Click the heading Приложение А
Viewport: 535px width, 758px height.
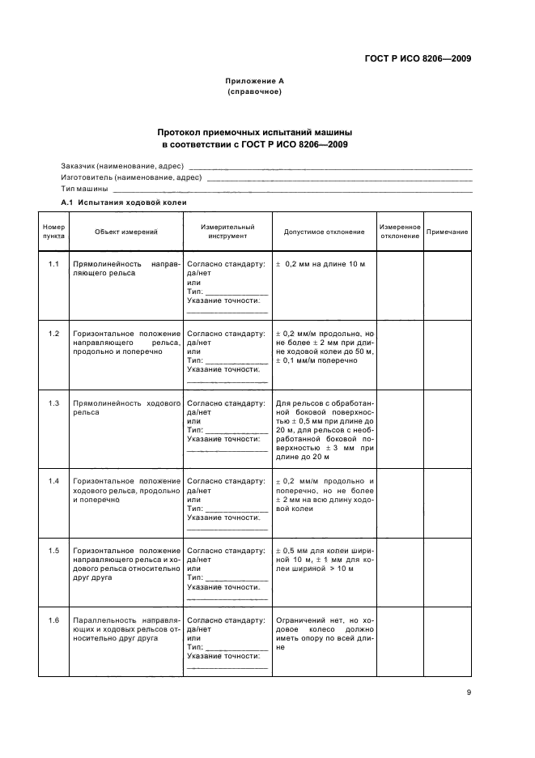pyautogui.click(x=254, y=81)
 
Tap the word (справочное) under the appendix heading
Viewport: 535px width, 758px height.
pyautogui.click(x=254, y=92)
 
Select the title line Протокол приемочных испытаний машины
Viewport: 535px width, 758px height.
pyautogui.click(x=255, y=131)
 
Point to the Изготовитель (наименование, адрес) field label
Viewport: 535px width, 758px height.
pyautogui.click(x=131, y=177)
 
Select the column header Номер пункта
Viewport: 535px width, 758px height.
pyautogui.click(x=53, y=232)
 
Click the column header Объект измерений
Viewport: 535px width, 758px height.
pyautogui.click(x=125, y=232)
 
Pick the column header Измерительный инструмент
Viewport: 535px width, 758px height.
pyautogui.click(x=227, y=232)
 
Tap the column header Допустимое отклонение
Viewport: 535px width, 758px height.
pyautogui.click(x=324, y=232)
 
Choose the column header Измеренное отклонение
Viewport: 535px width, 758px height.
pyautogui.click(x=400, y=232)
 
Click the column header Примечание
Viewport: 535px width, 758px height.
pyautogui.click(x=448, y=232)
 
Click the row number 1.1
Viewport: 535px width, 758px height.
pyautogui.click(x=53, y=265)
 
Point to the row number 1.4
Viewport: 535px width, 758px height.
pyautogui.click(x=53, y=482)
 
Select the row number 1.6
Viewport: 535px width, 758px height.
pyautogui.click(x=53, y=620)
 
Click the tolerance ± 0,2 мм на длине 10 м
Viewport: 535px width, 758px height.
pyautogui.click(x=321, y=265)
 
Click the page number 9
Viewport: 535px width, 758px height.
pyautogui.click(x=469, y=692)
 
